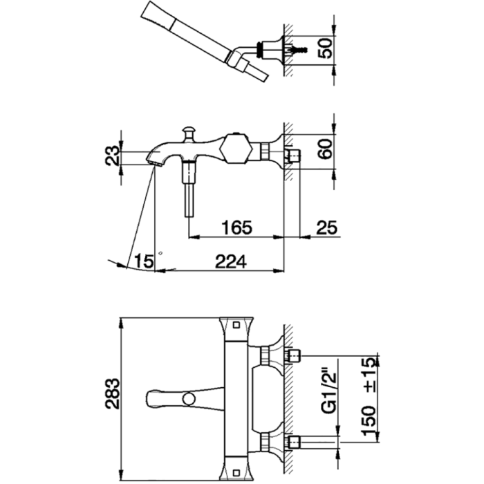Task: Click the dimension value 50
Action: pyautogui.click(x=326, y=48)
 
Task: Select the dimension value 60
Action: pyautogui.click(x=326, y=149)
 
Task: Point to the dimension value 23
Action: pyautogui.click(x=112, y=156)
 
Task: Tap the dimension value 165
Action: pyautogui.click(x=236, y=227)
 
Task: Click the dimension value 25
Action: pyautogui.click(x=327, y=227)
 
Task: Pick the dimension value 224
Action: pyautogui.click(x=231, y=262)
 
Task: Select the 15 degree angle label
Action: pyautogui.click(x=144, y=261)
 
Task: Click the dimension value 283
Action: pyautogui.click(x=112, y=393)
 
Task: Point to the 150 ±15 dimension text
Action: pyautogui.click(x=369, y=396)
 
